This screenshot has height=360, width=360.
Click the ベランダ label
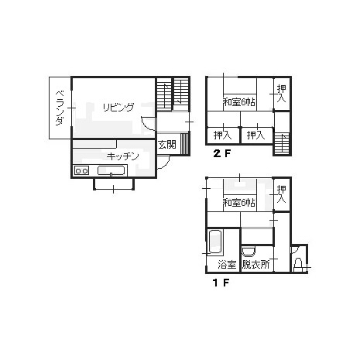coord(60,108)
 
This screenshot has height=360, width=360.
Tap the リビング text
coord(118,108)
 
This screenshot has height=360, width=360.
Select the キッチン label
coord(122,156)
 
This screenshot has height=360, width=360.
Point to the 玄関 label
coord(167,145)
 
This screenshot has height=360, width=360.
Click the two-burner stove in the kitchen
coord(81,170)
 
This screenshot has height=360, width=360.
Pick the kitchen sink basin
coord(112,170)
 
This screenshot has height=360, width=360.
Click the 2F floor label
coord(221,153)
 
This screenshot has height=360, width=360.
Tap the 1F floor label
coord(221,283)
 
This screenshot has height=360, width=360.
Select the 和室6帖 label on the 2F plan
coord(239,102)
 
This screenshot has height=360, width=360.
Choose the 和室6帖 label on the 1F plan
coord(239,203)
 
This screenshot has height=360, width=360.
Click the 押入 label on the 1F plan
coord(281,194)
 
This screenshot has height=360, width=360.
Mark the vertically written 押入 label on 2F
coord(281,94)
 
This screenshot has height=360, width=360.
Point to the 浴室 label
coord(227,265)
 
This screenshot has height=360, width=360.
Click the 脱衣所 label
coord(256,265)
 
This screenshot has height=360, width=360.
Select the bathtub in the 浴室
coord(215,242)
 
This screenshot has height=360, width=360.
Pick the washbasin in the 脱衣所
coord(249,252)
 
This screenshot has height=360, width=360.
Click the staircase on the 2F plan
coord(281,144)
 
